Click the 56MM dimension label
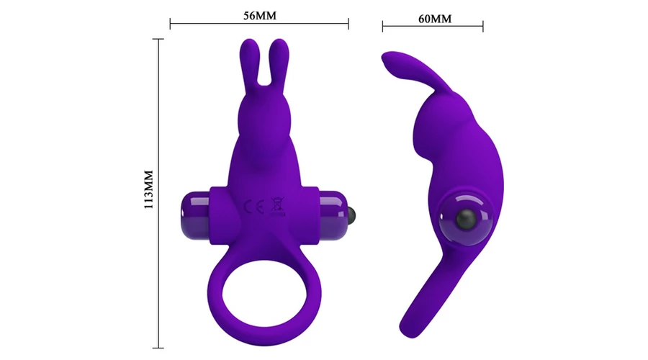tap(259, 16)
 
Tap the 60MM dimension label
tap(435, 19)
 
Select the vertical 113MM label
tap(149, 189)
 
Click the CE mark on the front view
tap(253, 206)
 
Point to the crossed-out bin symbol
tap(277, 205)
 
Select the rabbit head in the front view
tap(265, 116)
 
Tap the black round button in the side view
tap(466, 219)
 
